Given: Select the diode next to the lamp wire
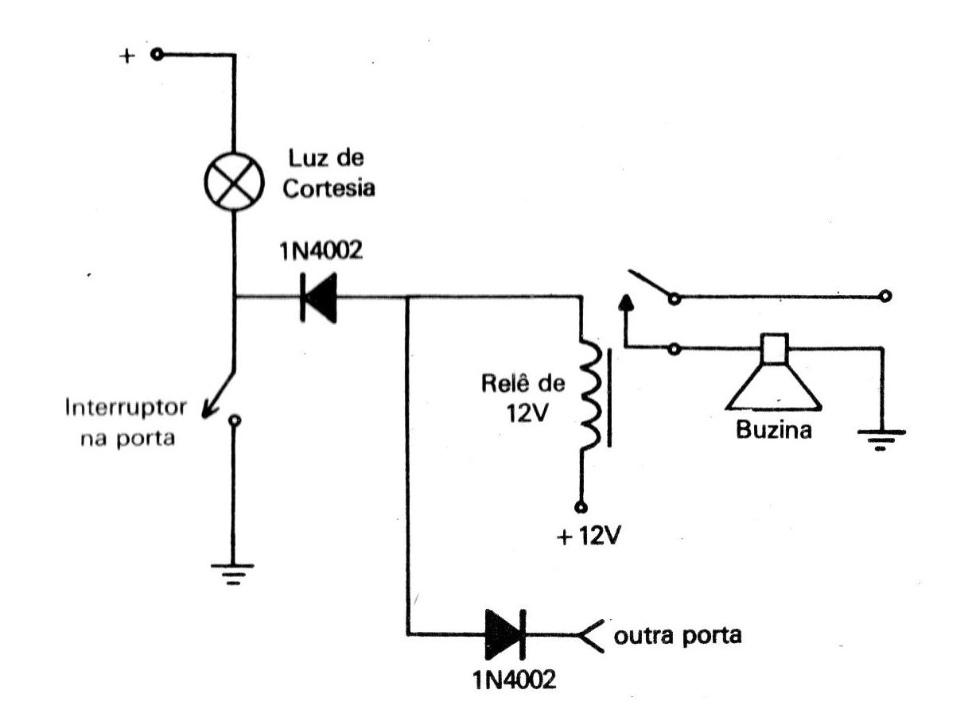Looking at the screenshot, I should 320,299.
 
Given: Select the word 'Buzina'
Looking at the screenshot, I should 773,432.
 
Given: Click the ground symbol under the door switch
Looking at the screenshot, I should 233,572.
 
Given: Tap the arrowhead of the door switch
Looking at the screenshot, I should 208,411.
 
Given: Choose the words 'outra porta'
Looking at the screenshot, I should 677,637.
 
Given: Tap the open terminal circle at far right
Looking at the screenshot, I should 885,297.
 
